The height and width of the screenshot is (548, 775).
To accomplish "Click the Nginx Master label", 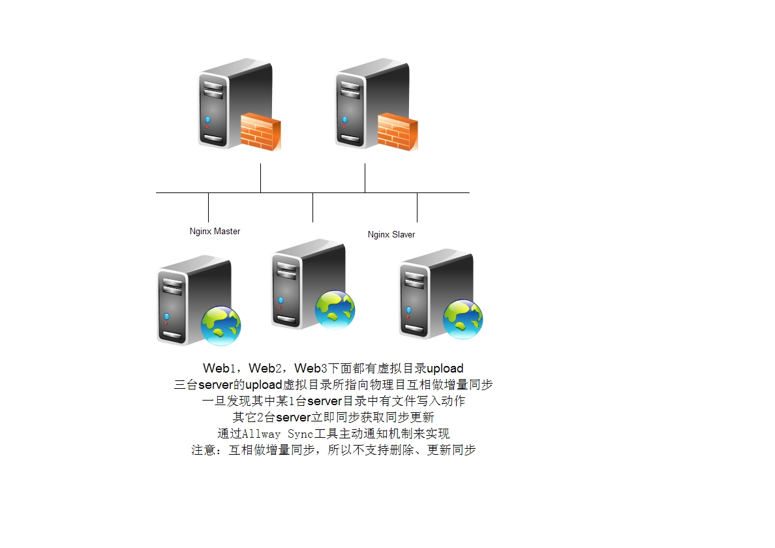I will [215, 231].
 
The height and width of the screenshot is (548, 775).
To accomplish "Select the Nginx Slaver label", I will [391, 234].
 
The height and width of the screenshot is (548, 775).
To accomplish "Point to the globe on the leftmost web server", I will [220, 325].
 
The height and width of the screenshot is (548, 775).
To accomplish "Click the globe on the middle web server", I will [335, 310].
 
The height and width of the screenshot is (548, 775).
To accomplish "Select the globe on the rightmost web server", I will [463, 319].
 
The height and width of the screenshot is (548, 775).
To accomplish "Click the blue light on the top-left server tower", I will [207, 119].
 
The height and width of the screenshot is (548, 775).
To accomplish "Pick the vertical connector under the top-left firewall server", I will [260, 178].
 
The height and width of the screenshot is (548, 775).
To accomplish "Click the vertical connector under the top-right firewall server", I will [365, 178].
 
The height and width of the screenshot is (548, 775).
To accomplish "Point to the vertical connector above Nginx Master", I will [208, 207].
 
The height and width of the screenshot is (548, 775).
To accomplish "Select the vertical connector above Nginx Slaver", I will [417, 207].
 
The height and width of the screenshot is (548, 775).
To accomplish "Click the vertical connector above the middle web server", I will [312, 207].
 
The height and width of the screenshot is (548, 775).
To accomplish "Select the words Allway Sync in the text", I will [271, 434].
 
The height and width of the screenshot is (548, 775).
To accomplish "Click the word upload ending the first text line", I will [445, 369].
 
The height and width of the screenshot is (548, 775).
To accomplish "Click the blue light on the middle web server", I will [281, 300].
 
